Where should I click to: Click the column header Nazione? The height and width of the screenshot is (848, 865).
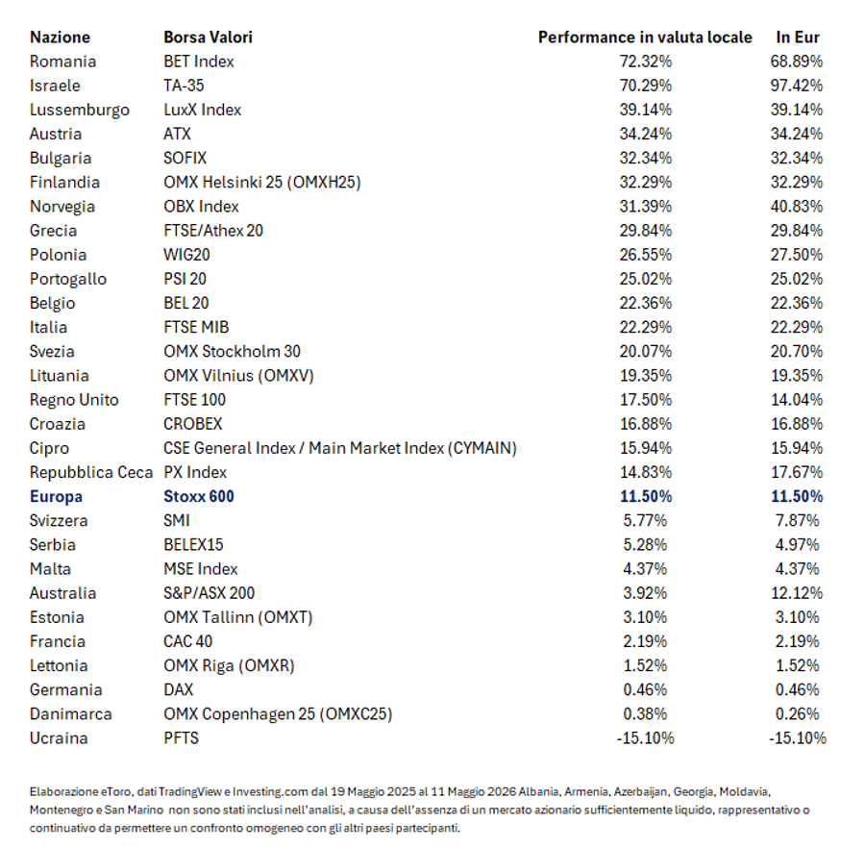point(60,37)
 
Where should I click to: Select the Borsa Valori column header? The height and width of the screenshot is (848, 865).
point(208,37)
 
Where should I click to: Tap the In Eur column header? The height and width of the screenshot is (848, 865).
point(797,37)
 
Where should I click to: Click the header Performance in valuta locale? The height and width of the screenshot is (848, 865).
point(645,37)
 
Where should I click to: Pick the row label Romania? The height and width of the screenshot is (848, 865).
point(62,62)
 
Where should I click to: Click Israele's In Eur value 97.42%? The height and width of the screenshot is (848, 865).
point(797,86)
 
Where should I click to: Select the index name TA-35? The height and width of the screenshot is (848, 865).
point(184,86)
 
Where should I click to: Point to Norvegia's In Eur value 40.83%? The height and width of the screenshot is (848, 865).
point(797,207)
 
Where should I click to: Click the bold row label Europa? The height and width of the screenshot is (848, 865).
point(56,496)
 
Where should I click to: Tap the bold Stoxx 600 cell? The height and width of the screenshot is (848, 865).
point(199,496)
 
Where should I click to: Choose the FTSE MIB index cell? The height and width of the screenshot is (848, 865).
point(196,327)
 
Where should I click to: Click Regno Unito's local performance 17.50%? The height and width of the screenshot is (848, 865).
point(646,399)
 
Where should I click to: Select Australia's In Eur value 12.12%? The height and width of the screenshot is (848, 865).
point(797,593)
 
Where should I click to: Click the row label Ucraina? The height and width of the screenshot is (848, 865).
point(59,738)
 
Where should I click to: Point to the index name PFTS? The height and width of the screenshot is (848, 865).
point(181,738)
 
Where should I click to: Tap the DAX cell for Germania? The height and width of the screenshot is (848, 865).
point(178,689)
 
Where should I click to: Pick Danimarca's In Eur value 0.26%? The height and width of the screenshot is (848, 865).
point(797,714)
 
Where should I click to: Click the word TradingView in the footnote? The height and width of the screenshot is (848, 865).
point(190,791)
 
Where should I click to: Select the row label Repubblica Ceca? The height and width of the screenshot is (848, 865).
point(91,472)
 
